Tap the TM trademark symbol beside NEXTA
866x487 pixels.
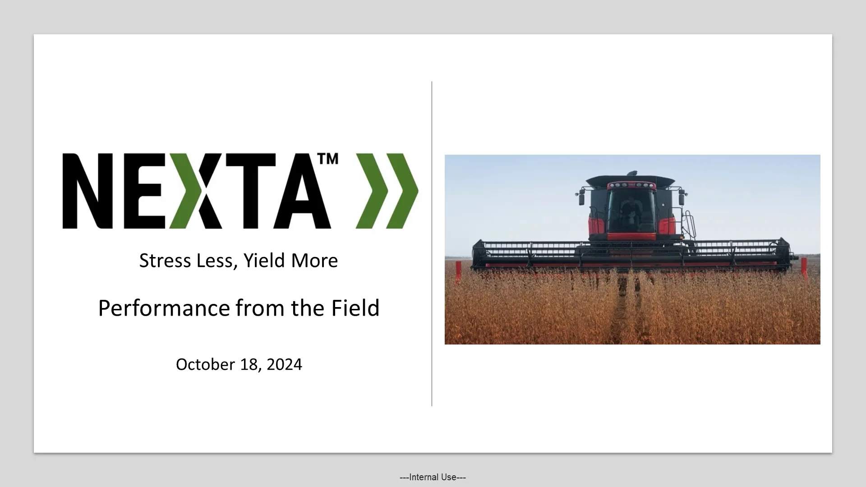pos(328,159)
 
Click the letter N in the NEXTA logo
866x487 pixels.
pos(88,191)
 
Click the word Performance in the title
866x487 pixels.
pos(164,308)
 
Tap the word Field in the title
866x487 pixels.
pos(355,308)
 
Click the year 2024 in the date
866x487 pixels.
pos(284,364)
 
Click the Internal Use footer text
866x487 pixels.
pos(433,477)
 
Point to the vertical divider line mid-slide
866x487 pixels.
pos(432,243)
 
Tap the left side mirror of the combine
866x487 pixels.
pos(581,198)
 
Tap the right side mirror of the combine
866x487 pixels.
pos(681,197)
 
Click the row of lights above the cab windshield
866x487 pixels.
pos(630,185)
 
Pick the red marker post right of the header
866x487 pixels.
pos(804,269)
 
